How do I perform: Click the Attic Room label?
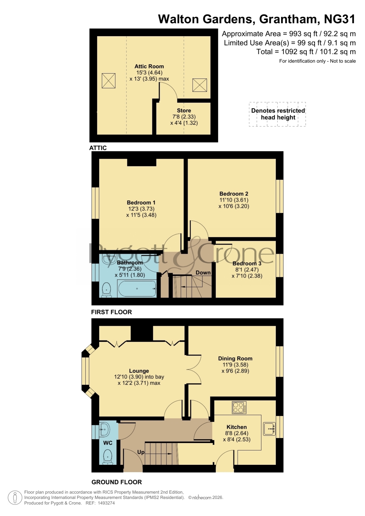pos(149,66)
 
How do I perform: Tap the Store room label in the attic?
pos(184,111)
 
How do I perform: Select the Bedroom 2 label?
pos(234,194)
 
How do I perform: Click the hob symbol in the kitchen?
pos(239,408)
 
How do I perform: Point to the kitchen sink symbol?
pos(269,429)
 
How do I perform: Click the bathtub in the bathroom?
pos(137,289)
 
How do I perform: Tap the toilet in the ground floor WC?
pos(108,457)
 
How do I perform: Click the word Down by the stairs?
pos(203,273)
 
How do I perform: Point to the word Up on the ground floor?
pos(141,452)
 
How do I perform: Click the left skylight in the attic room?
pos(109,81)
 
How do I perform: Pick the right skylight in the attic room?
pos(200,85)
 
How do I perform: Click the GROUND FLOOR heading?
pos(117,482)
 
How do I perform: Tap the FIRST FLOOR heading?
pos(111,312)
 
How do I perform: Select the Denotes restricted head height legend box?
pos(277,114)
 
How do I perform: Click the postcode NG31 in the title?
pos(340,19)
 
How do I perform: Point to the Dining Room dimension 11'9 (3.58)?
pos(235,365)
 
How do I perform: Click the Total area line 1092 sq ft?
pos(306,52)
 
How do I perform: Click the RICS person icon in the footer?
pos(15,498)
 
